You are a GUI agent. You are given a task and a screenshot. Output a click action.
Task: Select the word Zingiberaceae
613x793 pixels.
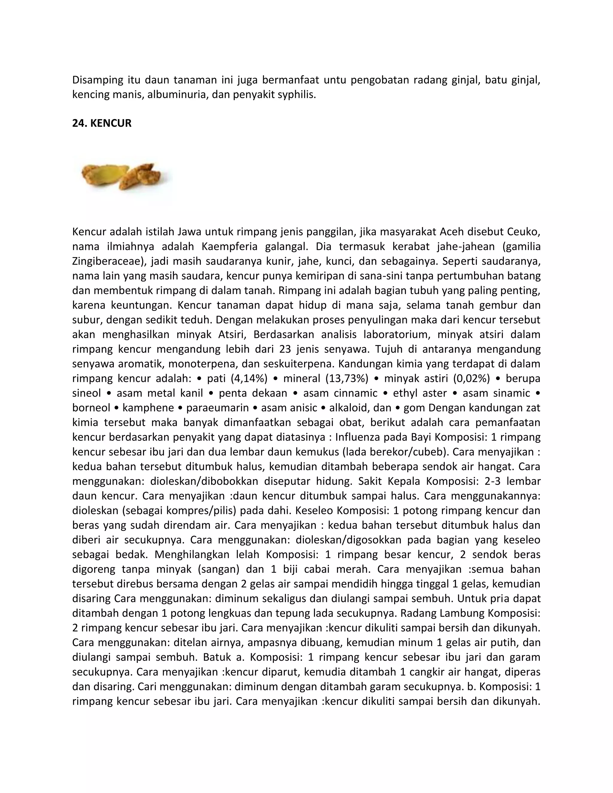point(107,261)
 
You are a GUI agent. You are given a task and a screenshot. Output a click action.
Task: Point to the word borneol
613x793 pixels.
point(91,408)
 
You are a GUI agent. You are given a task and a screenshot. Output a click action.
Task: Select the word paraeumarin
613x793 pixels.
point(218,408)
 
